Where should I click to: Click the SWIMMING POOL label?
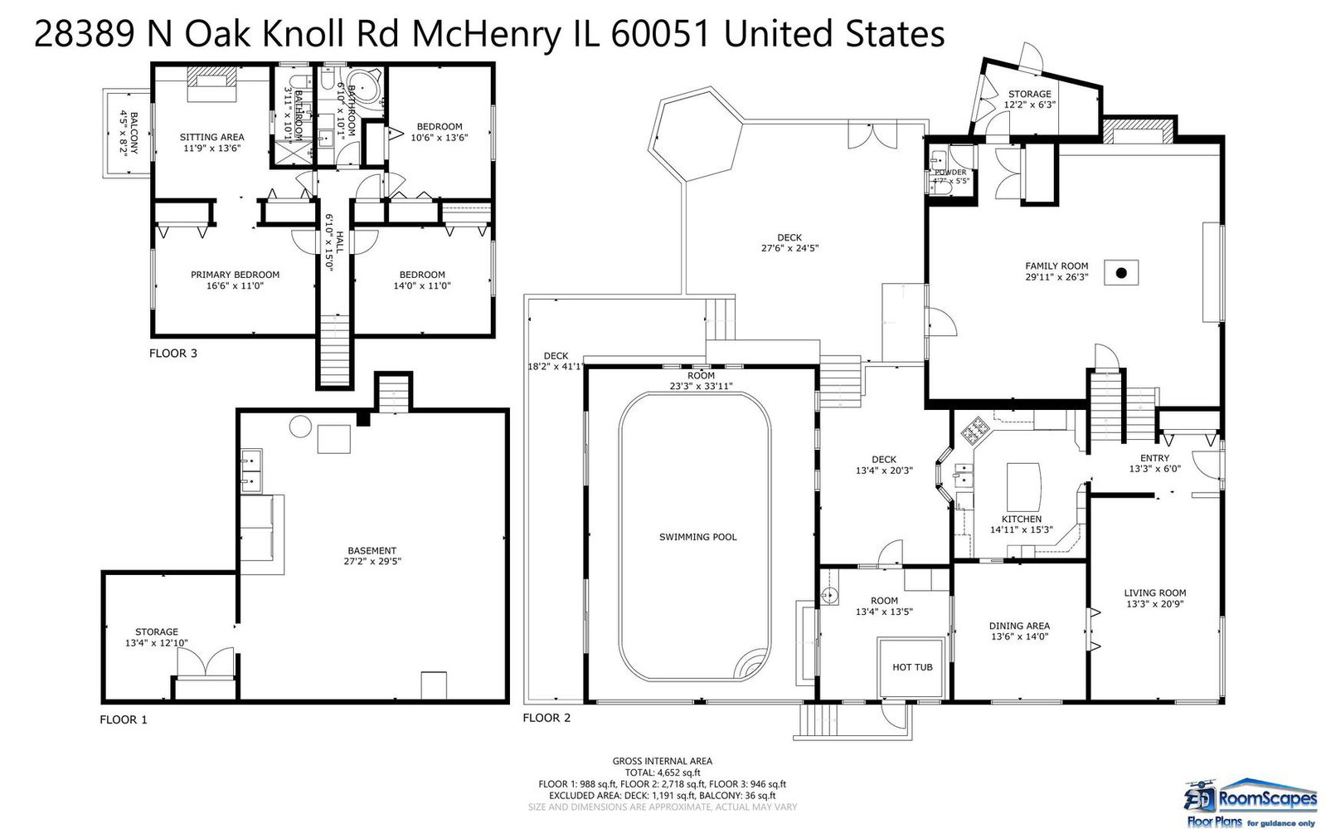(x=698, y=537)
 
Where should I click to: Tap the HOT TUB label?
(x=912, y=667)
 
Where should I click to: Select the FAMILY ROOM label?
(x=1056, y=266)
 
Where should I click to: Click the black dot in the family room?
(x=1120, y=273)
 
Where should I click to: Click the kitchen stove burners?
(x=974, y=430)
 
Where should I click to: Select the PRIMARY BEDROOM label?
(x=235, y=275)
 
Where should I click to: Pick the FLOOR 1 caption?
(x=123, y=719)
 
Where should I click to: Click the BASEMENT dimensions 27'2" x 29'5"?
(x=372, y=561)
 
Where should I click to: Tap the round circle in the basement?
(x=300, y=426)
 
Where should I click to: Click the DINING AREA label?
(x=1019, y=626)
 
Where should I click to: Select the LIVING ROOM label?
(x=1155, y=592)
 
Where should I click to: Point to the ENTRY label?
(x=1155, y=458)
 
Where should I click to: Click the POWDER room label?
(x=950, y=173)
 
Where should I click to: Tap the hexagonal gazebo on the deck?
(x=696, y=134)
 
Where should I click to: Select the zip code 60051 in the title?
(x=659, y=34)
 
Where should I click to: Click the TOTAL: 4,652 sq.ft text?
(x=663, y=773)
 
